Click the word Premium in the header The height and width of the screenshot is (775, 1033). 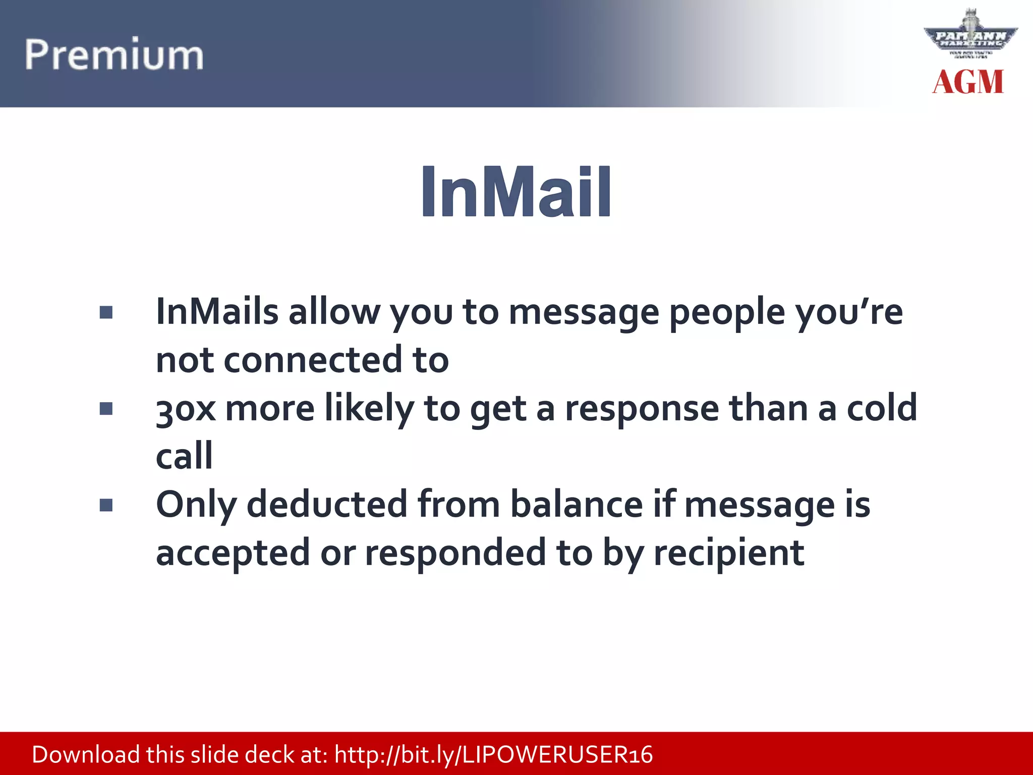(114, 54)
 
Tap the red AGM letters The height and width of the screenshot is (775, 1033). (967, 82)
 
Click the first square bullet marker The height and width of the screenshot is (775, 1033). (106, 313)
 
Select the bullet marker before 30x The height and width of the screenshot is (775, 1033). (106, 408)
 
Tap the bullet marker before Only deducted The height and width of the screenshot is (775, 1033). (106, 505)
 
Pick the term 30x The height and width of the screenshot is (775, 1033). (185, 408)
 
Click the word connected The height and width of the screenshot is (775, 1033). (313, 360)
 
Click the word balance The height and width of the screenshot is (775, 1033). (576, 504)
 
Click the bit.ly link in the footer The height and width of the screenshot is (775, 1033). (493, 755)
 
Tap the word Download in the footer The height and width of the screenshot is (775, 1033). (86, 755)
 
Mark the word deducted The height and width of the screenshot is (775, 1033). (326, 504)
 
